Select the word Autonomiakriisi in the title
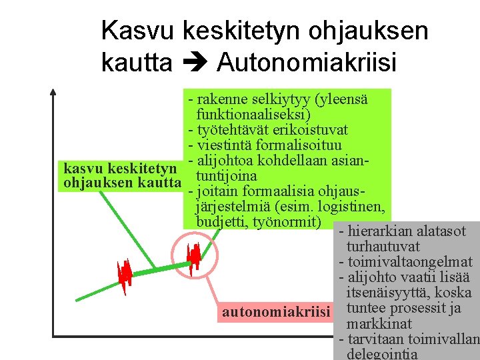tap(307, 62)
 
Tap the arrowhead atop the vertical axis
tap(53, 93)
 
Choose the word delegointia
tap(382, 353)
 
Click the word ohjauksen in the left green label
tap(94, 182)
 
